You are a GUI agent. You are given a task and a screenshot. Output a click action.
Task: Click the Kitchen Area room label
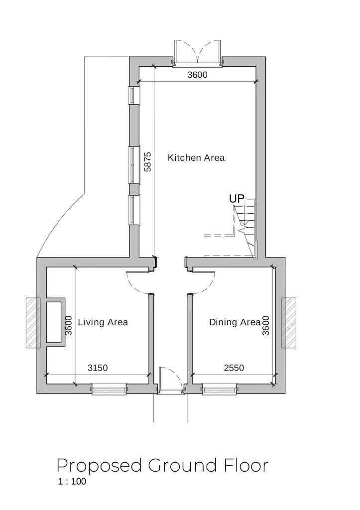(196, 158)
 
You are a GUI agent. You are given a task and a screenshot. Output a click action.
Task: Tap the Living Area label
(103, 322)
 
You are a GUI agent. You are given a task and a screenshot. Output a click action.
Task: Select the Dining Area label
(235, 322)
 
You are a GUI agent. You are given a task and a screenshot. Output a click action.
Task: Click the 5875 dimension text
(148, 162)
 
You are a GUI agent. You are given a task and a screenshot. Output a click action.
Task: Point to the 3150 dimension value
(98, 368)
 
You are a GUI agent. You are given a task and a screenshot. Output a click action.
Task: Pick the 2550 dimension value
(234, 368)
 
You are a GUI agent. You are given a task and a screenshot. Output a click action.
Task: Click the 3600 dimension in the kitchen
(197, 75)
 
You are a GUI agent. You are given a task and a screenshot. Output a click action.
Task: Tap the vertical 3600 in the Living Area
(68, 325)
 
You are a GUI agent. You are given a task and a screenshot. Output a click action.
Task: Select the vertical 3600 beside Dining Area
(266, 325)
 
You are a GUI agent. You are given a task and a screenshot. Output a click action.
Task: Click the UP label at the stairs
(237, 199)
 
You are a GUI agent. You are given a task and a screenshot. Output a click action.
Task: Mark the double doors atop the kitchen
(198, 53)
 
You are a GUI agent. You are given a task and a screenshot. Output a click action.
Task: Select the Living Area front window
(109, 388)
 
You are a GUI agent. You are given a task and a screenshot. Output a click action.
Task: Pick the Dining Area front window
(219, 388)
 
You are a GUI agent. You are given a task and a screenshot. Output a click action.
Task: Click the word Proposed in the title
(100, 466)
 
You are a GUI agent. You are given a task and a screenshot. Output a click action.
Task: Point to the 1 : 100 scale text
(72, 482)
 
